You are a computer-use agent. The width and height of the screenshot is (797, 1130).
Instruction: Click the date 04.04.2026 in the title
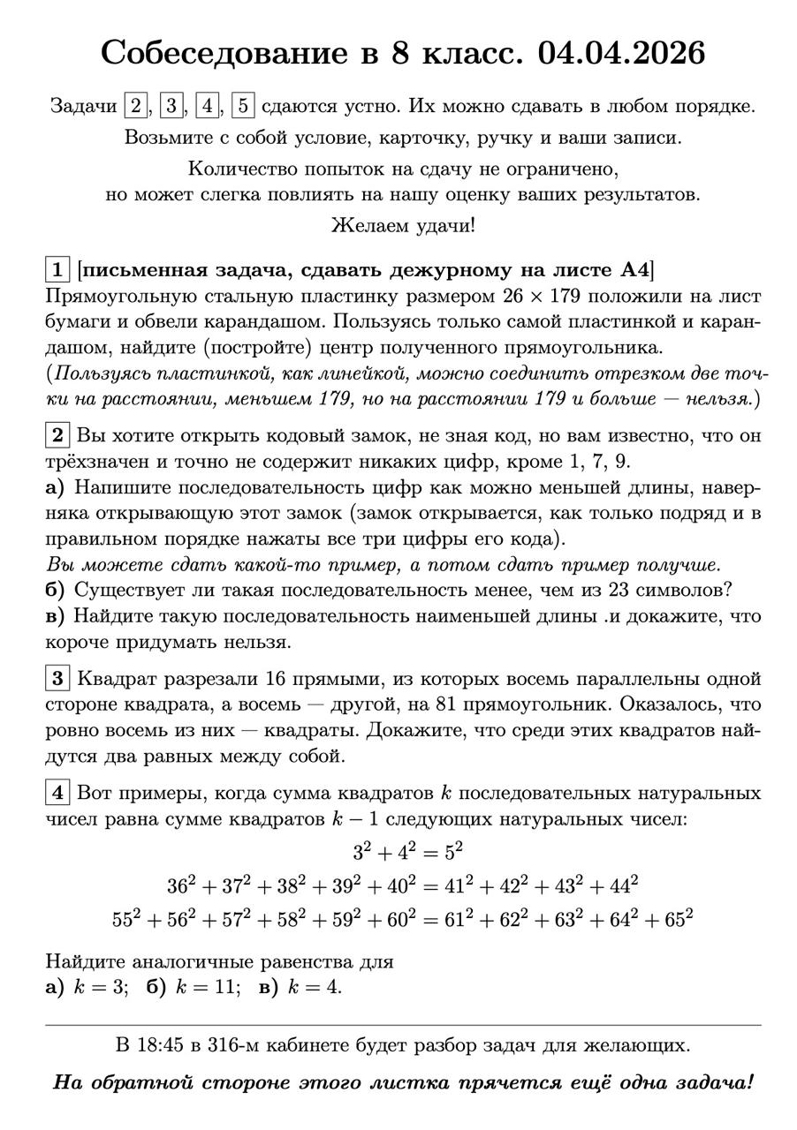coord(621,53)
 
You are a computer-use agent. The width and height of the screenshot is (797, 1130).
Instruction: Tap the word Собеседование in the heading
coord(224,53)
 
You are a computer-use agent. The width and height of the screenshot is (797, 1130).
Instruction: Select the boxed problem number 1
coord(57,269)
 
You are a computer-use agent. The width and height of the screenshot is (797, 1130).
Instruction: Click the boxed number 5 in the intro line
coord(243,106)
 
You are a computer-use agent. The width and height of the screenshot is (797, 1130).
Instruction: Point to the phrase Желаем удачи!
coord(403,225)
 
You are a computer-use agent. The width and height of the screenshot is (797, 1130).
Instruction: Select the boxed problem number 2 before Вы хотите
coord(57,435)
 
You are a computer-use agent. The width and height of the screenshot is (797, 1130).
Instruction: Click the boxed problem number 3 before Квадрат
coord(57,679)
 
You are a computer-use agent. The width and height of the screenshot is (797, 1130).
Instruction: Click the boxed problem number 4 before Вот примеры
coord(57,793)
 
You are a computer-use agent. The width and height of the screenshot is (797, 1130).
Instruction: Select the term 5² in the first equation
coord(452,852)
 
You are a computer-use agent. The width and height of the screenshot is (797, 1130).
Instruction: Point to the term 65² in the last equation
coord(677,918)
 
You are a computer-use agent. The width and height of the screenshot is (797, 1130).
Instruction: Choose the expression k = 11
coord(207,987)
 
